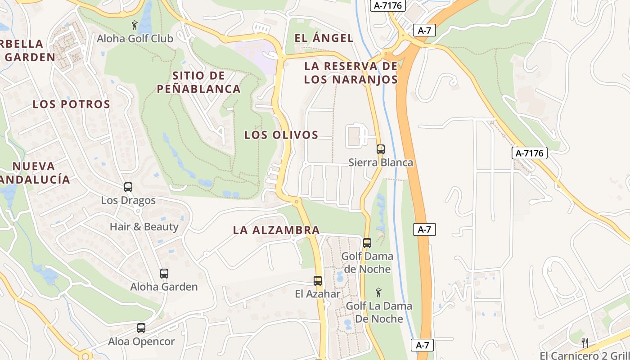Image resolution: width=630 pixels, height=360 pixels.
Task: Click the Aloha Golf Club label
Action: [135, 39]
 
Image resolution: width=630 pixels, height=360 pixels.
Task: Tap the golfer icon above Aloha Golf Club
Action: [134, 25]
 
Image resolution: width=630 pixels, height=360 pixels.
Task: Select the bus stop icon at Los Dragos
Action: [128, 187]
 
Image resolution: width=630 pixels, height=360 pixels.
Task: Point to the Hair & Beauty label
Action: [144, 226]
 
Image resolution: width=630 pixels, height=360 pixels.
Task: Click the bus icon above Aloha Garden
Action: [164, 274]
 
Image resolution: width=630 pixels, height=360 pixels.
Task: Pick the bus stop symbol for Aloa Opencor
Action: [141, 328]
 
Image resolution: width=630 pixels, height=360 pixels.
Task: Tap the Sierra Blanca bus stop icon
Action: [381, 149]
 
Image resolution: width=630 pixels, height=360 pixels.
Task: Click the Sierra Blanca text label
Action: [381, 162]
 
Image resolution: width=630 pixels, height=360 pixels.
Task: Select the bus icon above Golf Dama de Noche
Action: [367, 243]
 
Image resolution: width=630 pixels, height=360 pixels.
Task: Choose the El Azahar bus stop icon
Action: [318, 281]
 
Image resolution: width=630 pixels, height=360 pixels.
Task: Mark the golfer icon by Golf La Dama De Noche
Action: [378, 293]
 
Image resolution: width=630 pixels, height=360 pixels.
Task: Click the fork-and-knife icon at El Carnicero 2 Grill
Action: [585, 343]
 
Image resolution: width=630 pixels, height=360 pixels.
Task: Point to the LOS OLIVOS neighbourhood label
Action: [281, 135]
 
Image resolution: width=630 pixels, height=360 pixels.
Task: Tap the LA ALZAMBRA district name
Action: [276, 230]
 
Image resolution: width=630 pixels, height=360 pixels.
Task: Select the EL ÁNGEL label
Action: [324, 38]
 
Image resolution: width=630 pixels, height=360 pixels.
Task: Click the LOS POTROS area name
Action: [72, 104]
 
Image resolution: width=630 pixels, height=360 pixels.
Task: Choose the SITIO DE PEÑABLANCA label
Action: [198, 82]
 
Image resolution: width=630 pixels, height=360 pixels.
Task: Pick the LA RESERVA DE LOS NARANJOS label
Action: [351, 73]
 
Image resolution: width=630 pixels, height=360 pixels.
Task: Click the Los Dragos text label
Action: [128, 200]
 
